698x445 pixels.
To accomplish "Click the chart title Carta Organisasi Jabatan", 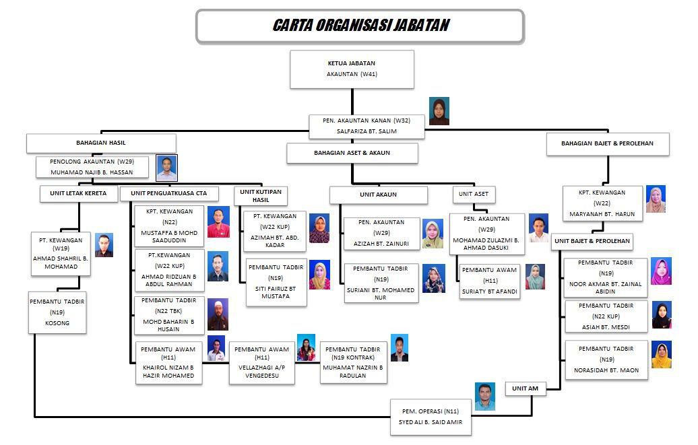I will [360, 26].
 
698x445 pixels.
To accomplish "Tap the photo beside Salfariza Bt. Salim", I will [439, 111].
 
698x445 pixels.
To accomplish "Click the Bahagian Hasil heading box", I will [101, 143].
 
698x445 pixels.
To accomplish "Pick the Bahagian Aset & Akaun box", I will [352, 153].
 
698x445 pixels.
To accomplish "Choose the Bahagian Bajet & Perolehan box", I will [606, 143].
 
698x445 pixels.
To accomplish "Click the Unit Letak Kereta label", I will [78, 194].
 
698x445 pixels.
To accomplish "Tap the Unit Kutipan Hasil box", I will [261, 196].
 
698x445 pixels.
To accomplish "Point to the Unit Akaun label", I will [378, 195].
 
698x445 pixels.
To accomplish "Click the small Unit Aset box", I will [474, 195].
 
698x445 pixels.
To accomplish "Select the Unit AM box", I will [526, 389].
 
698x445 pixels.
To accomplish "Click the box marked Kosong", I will [57, 312].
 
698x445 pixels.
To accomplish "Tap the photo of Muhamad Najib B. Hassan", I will [166, 168].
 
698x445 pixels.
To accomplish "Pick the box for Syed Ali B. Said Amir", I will [431, 417].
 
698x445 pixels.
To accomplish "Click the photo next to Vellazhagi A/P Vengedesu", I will [306, 347].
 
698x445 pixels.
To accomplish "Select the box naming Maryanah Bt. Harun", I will [602, 204].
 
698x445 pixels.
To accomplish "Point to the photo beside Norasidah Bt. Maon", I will [661, 355].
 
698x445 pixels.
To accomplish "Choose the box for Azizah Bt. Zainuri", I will [382, 233].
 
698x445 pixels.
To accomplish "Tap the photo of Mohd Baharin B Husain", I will [218, 312].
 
